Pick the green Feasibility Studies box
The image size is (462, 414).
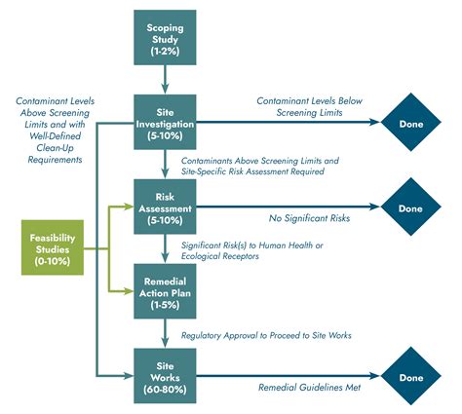(x=53, y=247)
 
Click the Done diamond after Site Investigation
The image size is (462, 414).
(x=410, y=123)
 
